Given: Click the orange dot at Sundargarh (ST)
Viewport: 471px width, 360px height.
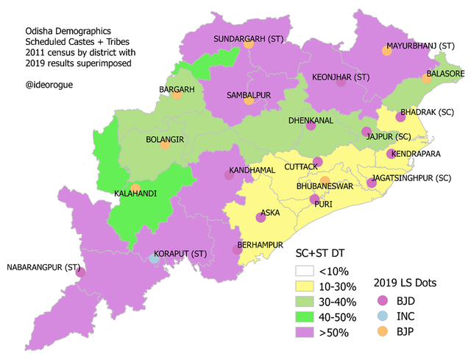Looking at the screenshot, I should [x=249, y=45].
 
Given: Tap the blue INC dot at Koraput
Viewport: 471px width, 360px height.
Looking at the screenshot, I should [x=154, y=258].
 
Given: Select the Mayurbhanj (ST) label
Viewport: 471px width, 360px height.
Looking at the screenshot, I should [x=422, y=46].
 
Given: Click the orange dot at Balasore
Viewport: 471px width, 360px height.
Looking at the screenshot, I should [x=428, y=77].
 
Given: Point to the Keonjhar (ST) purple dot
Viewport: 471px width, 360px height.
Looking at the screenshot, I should [x=341, y=82].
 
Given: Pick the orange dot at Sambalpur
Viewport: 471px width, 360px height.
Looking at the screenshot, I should [x=249, y=100].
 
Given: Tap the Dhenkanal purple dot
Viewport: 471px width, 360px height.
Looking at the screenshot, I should [x=311, y=126].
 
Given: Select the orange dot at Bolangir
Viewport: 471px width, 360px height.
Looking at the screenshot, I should [x=165, y=145].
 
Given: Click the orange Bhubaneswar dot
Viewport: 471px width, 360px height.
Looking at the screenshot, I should [x=325, y=181].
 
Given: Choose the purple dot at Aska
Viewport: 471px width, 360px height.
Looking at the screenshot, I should [x=260, y=217].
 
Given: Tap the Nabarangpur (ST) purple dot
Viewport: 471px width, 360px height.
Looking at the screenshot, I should [x=80, y=272].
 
